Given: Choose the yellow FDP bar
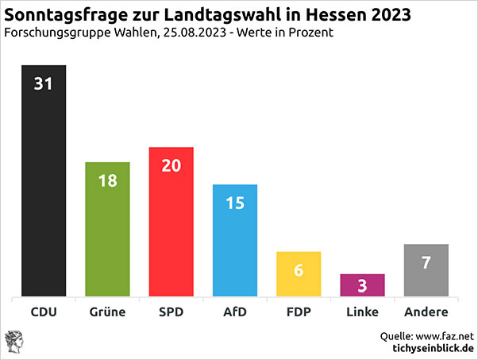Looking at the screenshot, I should pos(299,275).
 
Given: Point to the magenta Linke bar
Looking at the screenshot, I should pos(362,285).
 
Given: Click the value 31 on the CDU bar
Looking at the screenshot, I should pos(43,83).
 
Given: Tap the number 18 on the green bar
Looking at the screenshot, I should pos(107,180).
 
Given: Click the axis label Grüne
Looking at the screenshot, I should pos(107,312).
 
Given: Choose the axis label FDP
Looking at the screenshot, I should pos(299,312).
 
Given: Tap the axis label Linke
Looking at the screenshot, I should pos(362,312).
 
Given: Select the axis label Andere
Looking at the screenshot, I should pos(426,312).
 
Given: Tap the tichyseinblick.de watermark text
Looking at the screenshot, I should pos(433,349).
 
